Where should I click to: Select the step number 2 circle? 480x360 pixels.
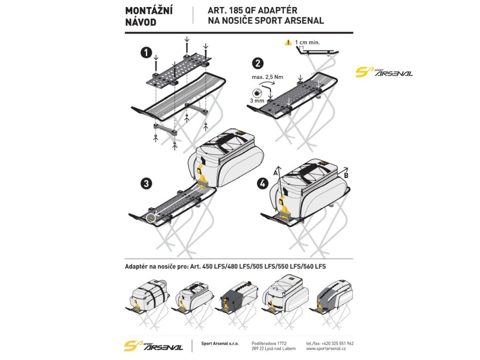257,63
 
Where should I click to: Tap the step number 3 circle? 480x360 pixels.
147,184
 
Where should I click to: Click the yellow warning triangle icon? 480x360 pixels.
288,43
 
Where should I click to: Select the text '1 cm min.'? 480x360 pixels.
308,42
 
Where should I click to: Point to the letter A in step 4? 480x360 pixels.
276,172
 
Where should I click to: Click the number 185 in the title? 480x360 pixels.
237,10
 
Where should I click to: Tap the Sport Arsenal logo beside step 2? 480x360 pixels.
384,72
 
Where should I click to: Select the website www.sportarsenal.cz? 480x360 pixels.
326,349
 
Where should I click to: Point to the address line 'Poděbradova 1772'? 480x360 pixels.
269,343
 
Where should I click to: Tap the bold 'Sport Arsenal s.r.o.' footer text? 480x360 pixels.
220,344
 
